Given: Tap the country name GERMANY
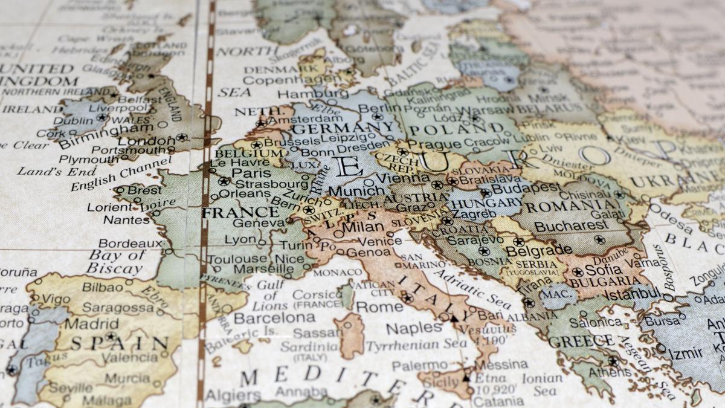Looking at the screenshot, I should click(343, 129).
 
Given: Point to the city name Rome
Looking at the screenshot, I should click(379, 306).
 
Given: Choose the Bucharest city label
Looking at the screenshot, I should click(571, 226).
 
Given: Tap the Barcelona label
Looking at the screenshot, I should click(274, 318).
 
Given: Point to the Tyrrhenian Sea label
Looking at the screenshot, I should click(416, 345).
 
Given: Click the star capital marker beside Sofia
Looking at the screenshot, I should click(578, 271).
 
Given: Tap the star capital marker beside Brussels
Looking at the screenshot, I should click(257, 145).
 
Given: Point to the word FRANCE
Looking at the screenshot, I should click(240, 212).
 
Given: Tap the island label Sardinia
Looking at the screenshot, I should click(309, 346).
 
